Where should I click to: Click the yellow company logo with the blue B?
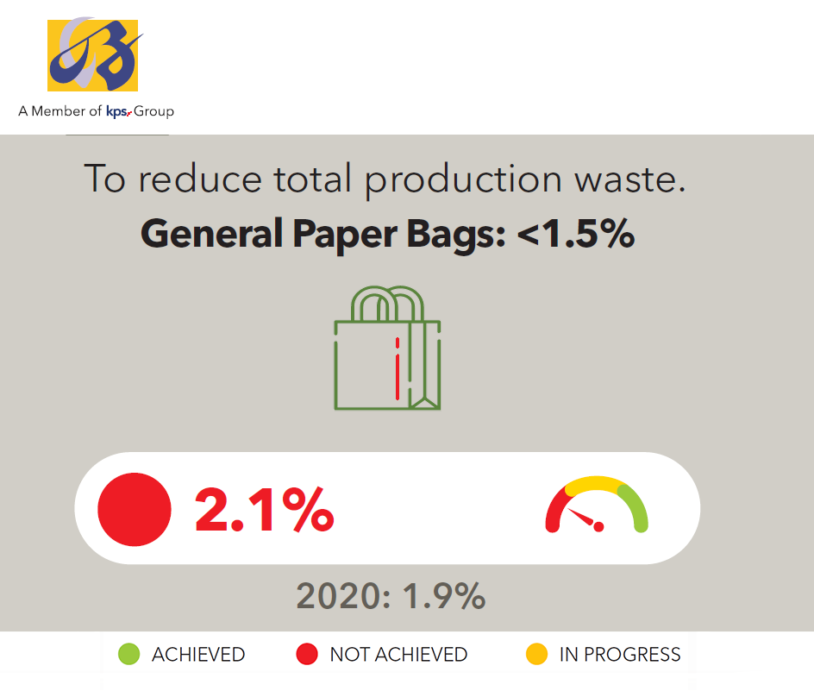pos(93,55)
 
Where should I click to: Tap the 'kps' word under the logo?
pos(116,111)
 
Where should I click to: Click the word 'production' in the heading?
pos(464,179)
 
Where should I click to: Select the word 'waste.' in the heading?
pos(630,179)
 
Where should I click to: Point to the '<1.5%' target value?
pos(576,233)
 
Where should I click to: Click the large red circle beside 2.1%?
pos(135,509)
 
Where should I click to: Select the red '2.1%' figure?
pos(264,510)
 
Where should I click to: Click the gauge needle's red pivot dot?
pos(598,527)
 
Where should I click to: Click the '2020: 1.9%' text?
pos(391,595)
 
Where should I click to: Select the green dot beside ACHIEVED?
pos(128,654)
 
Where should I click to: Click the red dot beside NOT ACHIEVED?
pos(307,654)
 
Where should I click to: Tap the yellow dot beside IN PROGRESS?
pos(537,654)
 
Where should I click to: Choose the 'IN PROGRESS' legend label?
pos(620,655)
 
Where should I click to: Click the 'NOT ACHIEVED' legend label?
pos(398,655)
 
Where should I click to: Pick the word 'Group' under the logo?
pos(153,111)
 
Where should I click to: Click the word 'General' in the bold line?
pos(212,233)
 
